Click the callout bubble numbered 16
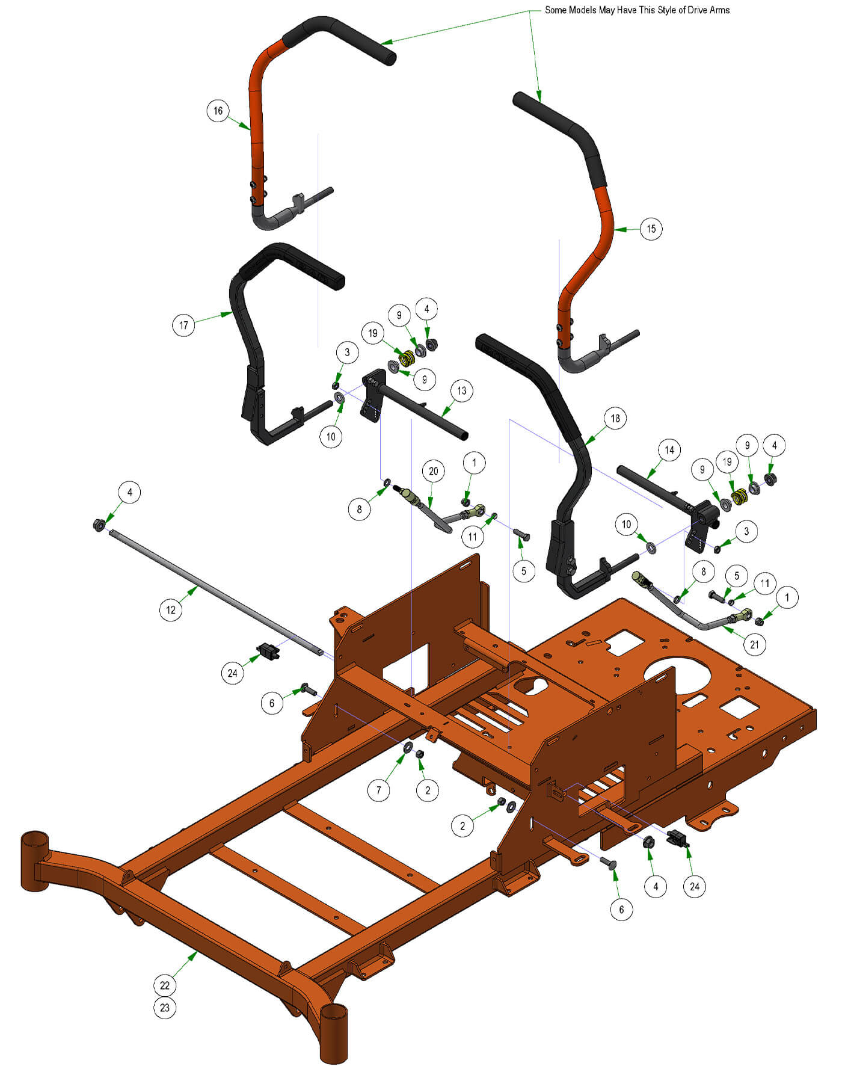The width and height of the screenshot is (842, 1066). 218,111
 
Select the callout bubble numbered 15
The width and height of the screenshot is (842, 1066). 651,229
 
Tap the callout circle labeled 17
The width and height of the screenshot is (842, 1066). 183,325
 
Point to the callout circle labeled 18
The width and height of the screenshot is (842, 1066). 615,418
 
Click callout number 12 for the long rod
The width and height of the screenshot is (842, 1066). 171,609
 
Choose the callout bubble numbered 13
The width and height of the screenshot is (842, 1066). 461,390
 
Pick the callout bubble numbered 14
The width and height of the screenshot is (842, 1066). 669,449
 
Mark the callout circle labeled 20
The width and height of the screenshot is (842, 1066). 434,471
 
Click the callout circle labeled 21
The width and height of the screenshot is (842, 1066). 754,645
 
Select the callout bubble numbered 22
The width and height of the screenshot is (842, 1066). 165,985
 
